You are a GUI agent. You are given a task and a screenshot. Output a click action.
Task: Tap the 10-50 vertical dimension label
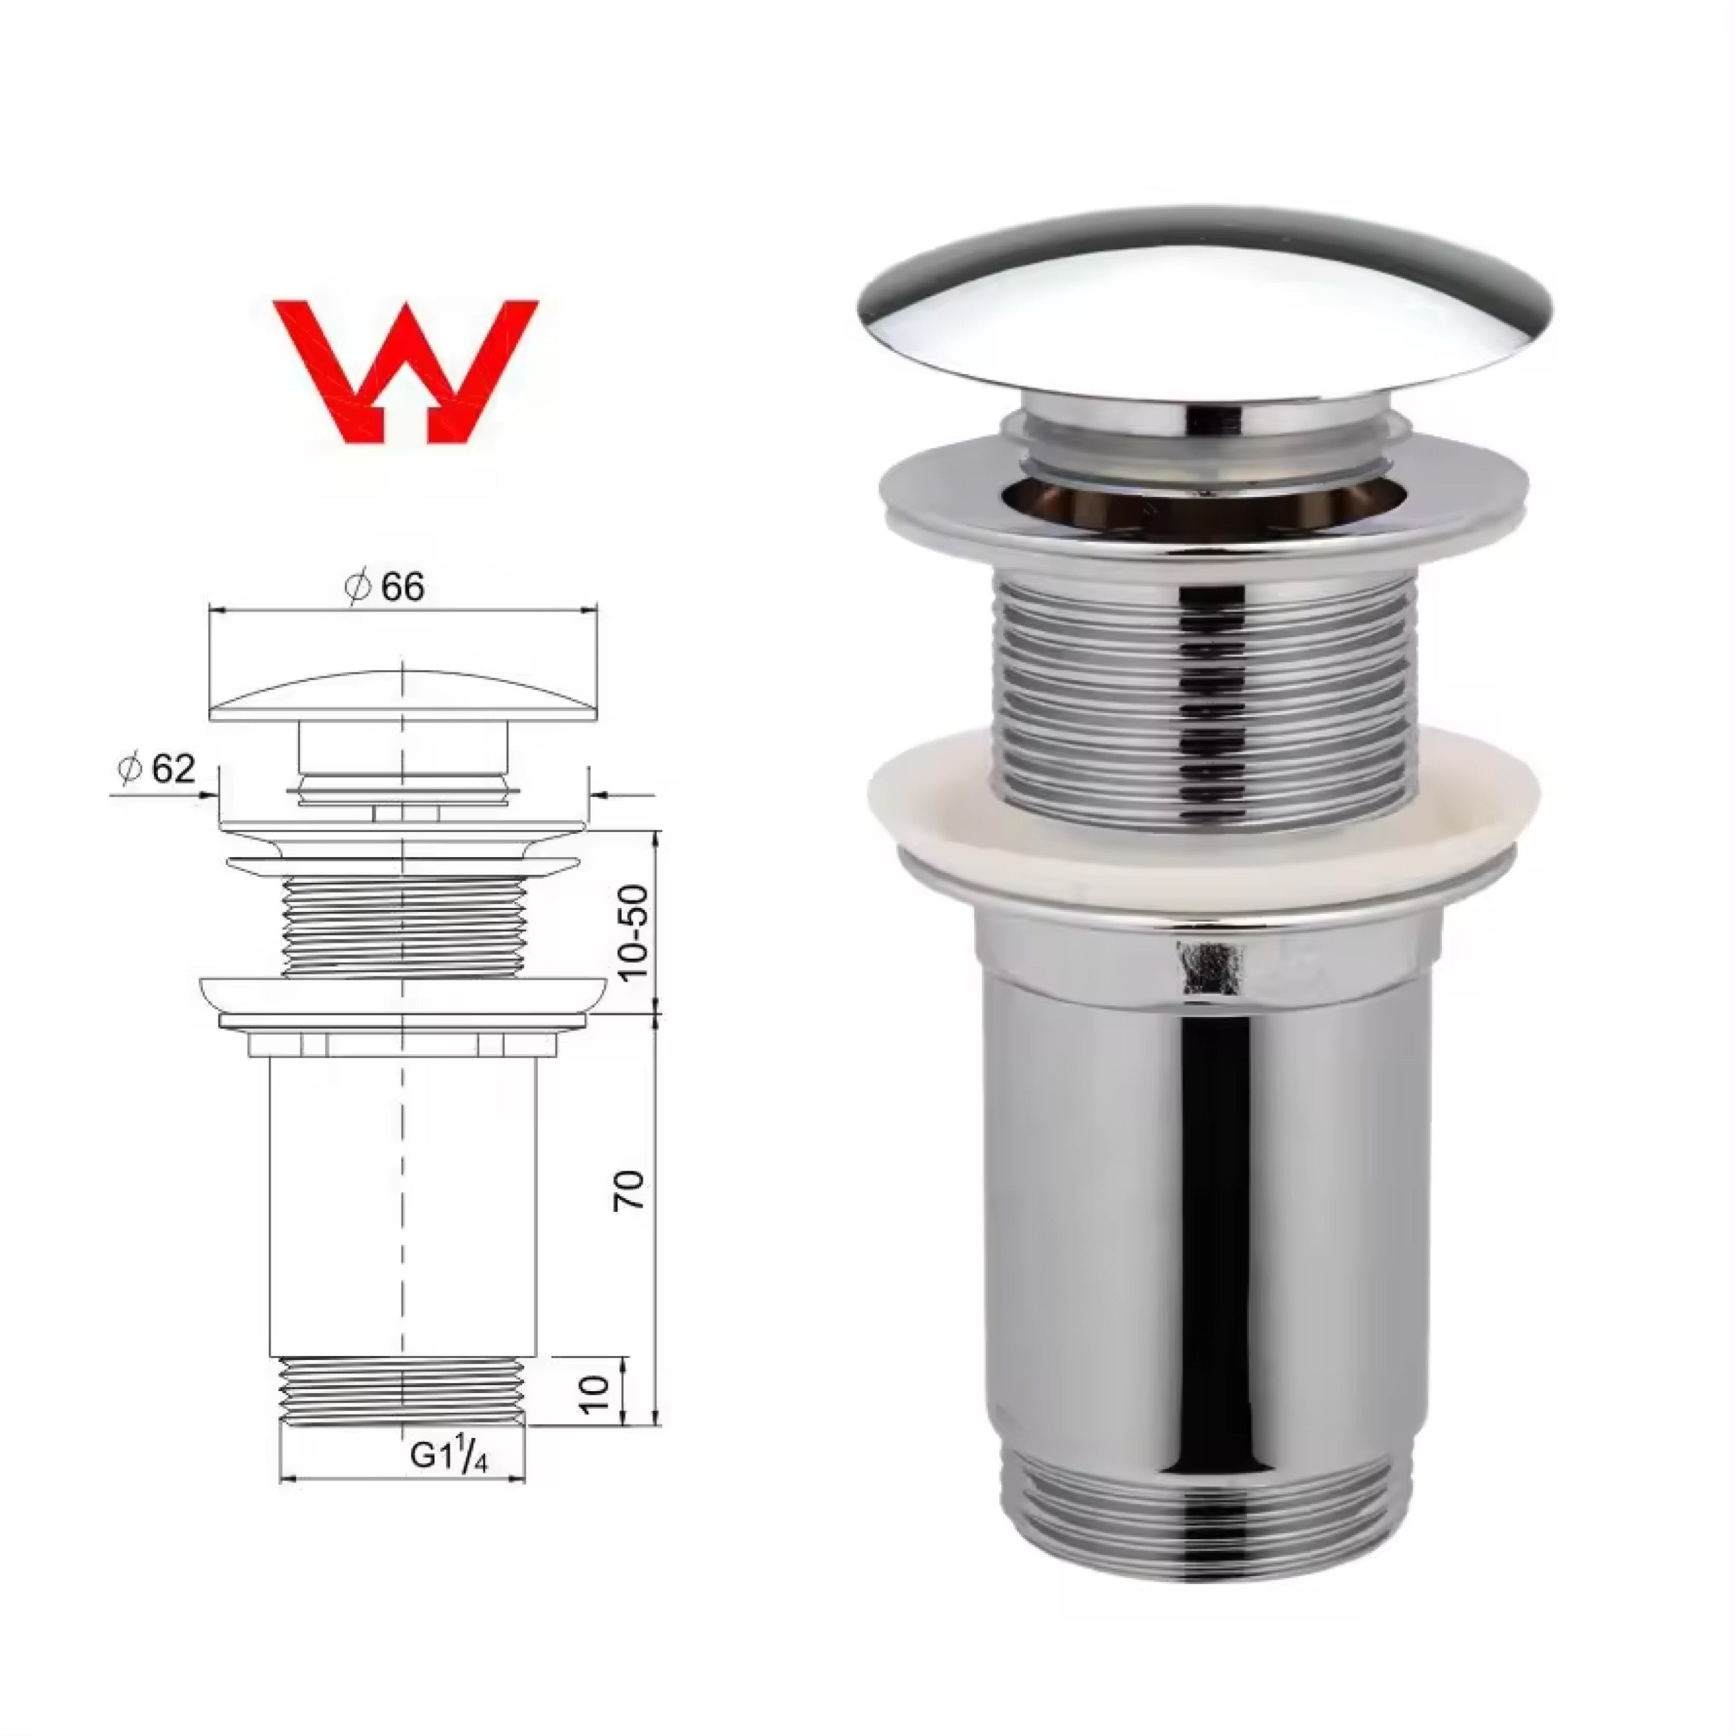click(633, 932)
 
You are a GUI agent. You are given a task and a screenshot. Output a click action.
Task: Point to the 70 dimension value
click(629, 1191)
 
